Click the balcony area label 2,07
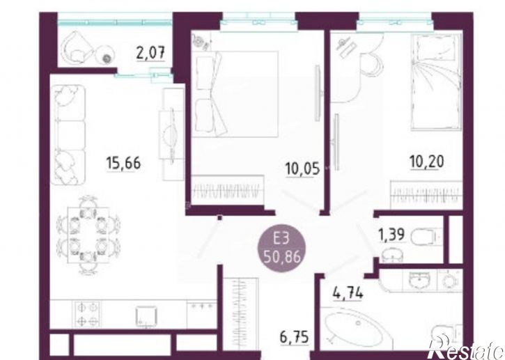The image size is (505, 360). pos(150,53)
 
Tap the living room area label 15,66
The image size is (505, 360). pos(124,163)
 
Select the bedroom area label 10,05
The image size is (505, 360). pos(302,169)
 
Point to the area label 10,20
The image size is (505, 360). pos(427,162)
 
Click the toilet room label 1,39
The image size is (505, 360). pos(391,234)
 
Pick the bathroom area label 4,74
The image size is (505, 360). pos(348,293)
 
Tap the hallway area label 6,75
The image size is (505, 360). pos(295,337)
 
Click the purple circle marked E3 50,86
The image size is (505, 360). pos(282,249)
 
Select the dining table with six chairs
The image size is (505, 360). pos(88,235)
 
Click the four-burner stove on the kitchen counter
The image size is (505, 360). pos(87,314)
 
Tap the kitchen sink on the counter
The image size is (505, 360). pos(146,316)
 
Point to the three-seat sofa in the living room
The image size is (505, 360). pos(70,135)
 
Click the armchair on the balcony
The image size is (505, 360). pos(77,47)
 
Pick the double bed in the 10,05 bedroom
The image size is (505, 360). pos(235,94)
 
